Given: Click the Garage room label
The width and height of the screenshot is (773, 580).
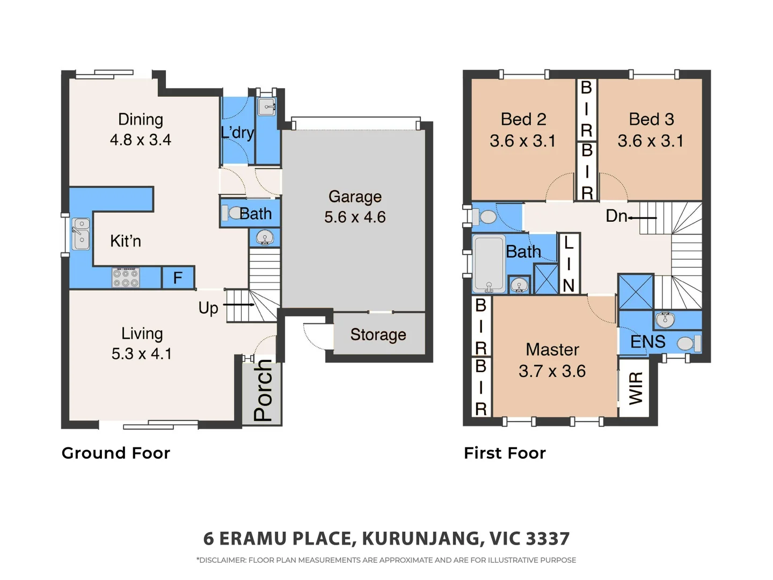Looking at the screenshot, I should [355, 197].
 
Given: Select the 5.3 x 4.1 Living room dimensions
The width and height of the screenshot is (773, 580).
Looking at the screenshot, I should [142, 354].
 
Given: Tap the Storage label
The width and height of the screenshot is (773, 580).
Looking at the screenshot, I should [378, 335].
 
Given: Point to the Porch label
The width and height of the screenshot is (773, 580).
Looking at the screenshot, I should [262, 390].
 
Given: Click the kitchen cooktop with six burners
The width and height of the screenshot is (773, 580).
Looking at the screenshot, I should [126, 278].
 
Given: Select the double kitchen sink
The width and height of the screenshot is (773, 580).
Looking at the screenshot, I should [81, 234].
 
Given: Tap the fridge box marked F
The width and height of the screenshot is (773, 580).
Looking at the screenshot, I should [178, 278].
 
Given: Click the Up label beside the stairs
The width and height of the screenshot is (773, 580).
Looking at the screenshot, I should [208, 308].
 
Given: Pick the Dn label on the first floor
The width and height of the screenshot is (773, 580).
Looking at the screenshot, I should [616, 216].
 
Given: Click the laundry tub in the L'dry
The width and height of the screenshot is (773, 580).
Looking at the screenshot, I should [267, 107].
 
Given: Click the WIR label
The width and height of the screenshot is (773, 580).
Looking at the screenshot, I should [636, 388].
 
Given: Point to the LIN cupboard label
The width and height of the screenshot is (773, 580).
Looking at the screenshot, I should [568, 264].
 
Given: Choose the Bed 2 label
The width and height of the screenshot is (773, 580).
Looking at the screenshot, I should [523, 119].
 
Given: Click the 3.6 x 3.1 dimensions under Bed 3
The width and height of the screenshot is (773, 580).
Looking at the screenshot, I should [651, 141].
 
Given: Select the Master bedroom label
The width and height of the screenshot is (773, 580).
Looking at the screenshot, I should [552, 350].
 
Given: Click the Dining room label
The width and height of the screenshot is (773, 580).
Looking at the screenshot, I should [141, 119].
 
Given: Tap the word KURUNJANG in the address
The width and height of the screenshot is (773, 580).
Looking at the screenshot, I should [420, 538].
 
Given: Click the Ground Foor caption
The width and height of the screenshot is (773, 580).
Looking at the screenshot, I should [116, 453].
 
